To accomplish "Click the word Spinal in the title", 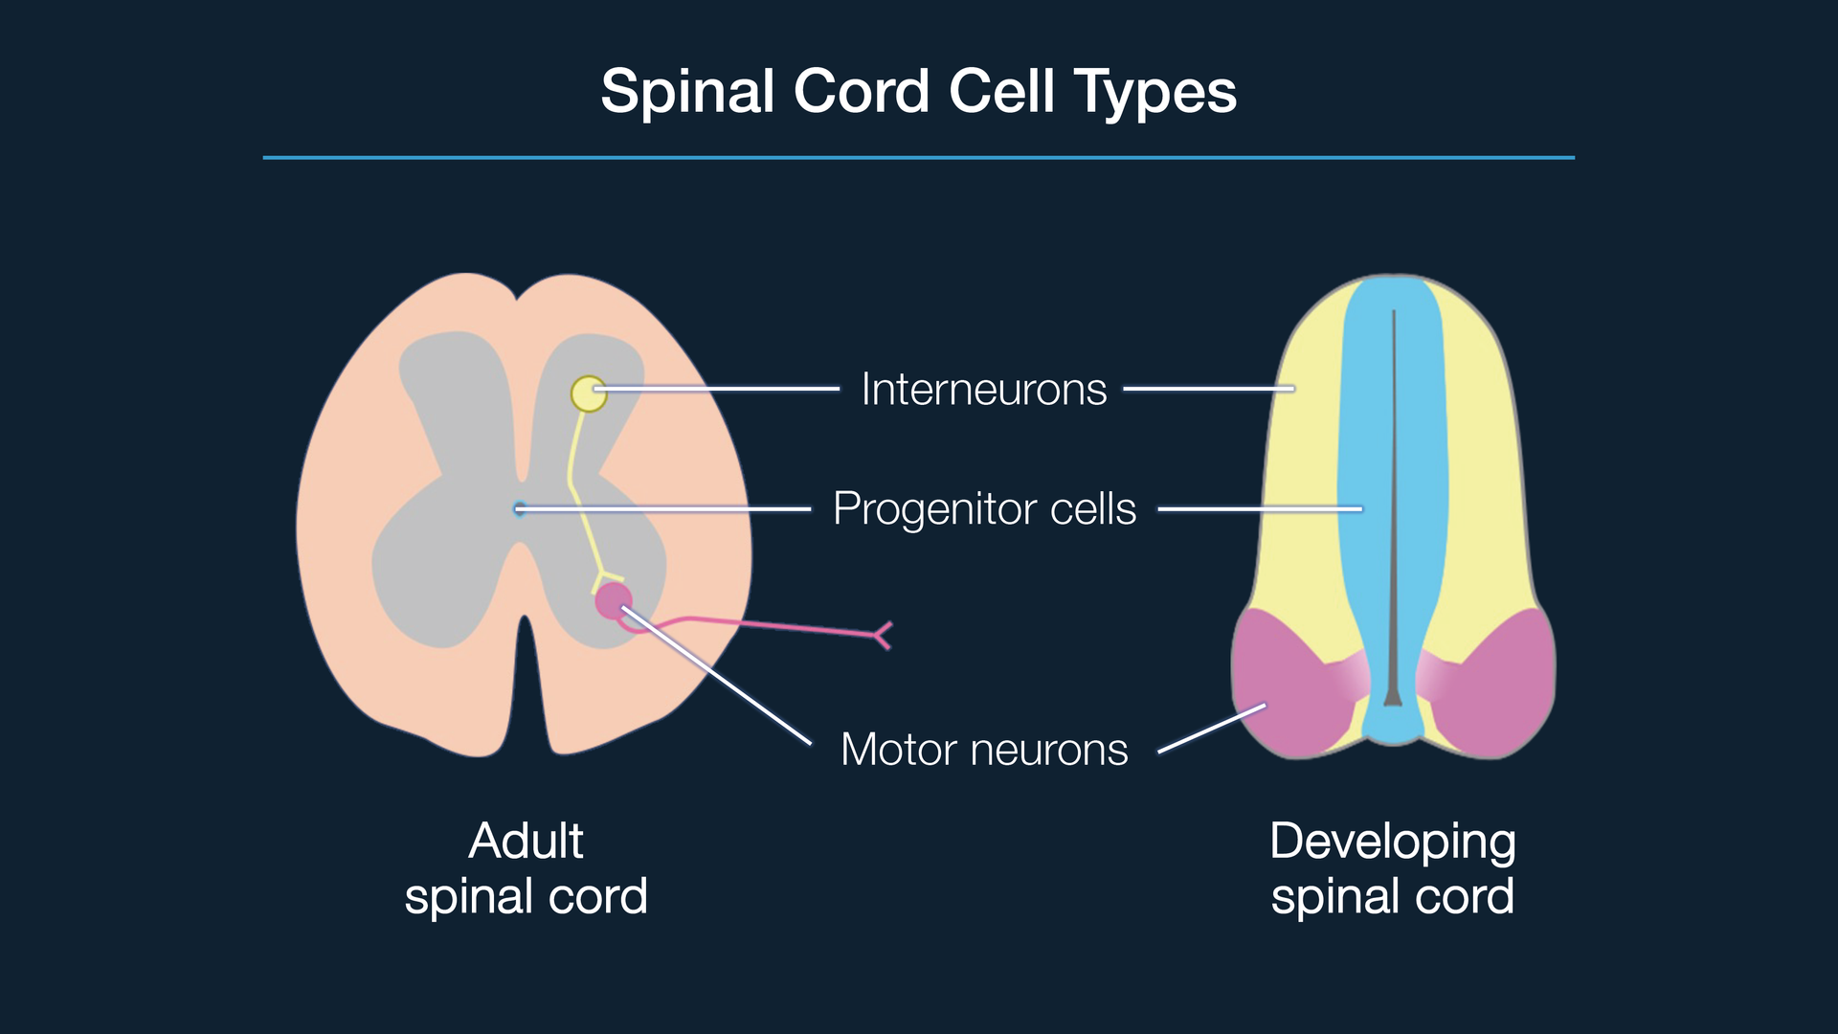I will click(x=687, y=93).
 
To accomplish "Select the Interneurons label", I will click(x=983, y=390).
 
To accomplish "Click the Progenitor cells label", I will click(x=984, y=508).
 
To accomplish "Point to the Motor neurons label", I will click(x=984, y=750).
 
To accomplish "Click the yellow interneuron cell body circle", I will click(x=588, y=393).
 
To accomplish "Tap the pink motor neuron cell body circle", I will click(x=613, y=601).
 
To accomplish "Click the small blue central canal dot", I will click(x=519, y=509).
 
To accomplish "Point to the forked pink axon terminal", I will click(x=883, y=635).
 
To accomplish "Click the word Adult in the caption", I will click(x=526, y=842).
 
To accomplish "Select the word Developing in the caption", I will click(x=1392, y=842).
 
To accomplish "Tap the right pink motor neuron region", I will click(x=1498, y=685).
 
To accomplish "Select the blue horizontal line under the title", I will click(x=919, y=158).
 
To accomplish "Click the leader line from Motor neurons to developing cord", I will click(x=1212, y=729).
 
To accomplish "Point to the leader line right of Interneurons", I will click(x=1208, y=389).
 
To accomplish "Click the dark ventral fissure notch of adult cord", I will click(x=525, y=689).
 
